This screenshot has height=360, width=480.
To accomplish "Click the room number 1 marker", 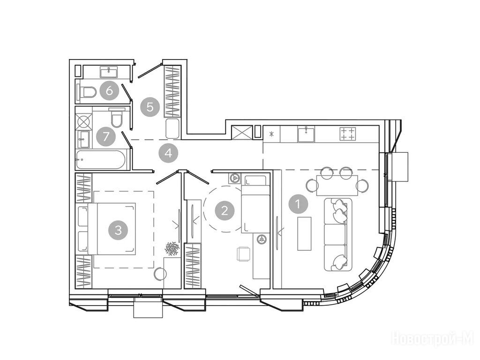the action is [298, 203].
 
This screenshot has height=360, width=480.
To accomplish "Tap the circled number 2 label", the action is [225, 210].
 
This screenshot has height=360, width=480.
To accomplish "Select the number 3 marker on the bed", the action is [118, 229].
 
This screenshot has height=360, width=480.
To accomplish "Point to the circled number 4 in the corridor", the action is [168, 153].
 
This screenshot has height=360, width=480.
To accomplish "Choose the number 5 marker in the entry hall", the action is [150, 107].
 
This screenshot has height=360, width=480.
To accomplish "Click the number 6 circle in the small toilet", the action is [109, 90].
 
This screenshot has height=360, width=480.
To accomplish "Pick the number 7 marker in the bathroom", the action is [105, 136].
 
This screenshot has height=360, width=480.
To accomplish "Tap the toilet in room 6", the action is [87, 91].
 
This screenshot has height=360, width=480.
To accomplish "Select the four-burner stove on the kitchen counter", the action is [348, 134].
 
